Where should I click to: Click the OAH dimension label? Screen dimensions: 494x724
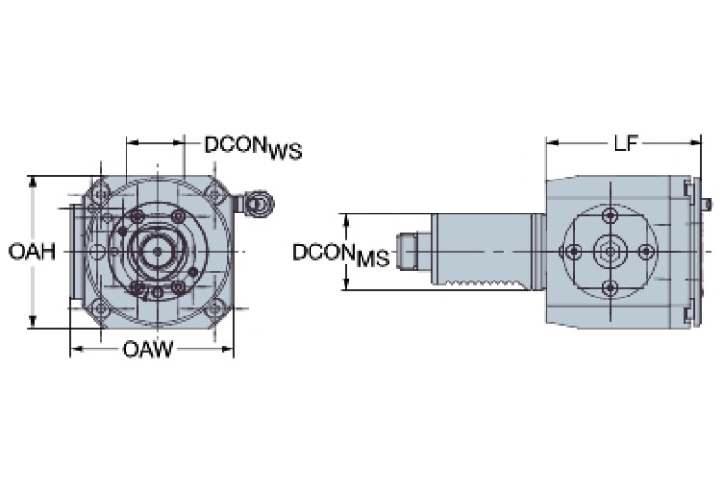[x=31, y=251]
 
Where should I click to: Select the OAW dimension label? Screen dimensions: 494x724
[x=147, y=350]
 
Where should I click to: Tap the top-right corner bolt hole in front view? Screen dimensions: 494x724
[x=215, y=196]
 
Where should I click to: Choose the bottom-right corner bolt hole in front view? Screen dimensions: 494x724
[x=215, y=307]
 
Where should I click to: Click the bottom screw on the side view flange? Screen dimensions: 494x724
[x=610, y=287]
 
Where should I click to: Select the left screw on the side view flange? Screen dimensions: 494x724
[x=573, y=251]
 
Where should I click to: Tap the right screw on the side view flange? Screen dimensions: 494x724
[x=647, y=251]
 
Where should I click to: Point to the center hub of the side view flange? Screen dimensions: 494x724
[x=610, y=251]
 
